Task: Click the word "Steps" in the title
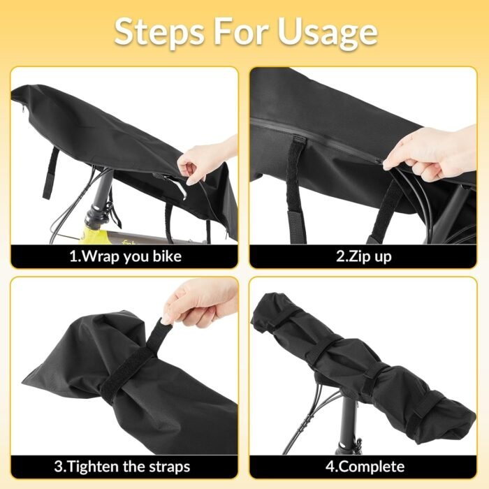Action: (x=159, y=32)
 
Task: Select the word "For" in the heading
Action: (x=240, y=31)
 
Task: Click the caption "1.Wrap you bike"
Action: (x=125, y=256)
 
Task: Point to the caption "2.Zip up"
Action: (x=364, y=256)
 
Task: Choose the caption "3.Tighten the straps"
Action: (x=122, y=467)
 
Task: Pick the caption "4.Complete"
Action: (x=365, y=467)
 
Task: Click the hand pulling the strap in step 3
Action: (x=200, y=304)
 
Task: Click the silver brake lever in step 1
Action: (x=177, y=188)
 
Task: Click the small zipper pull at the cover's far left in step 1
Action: (x=23, y=110)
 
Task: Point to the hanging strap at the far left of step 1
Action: (x=50, y=173)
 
